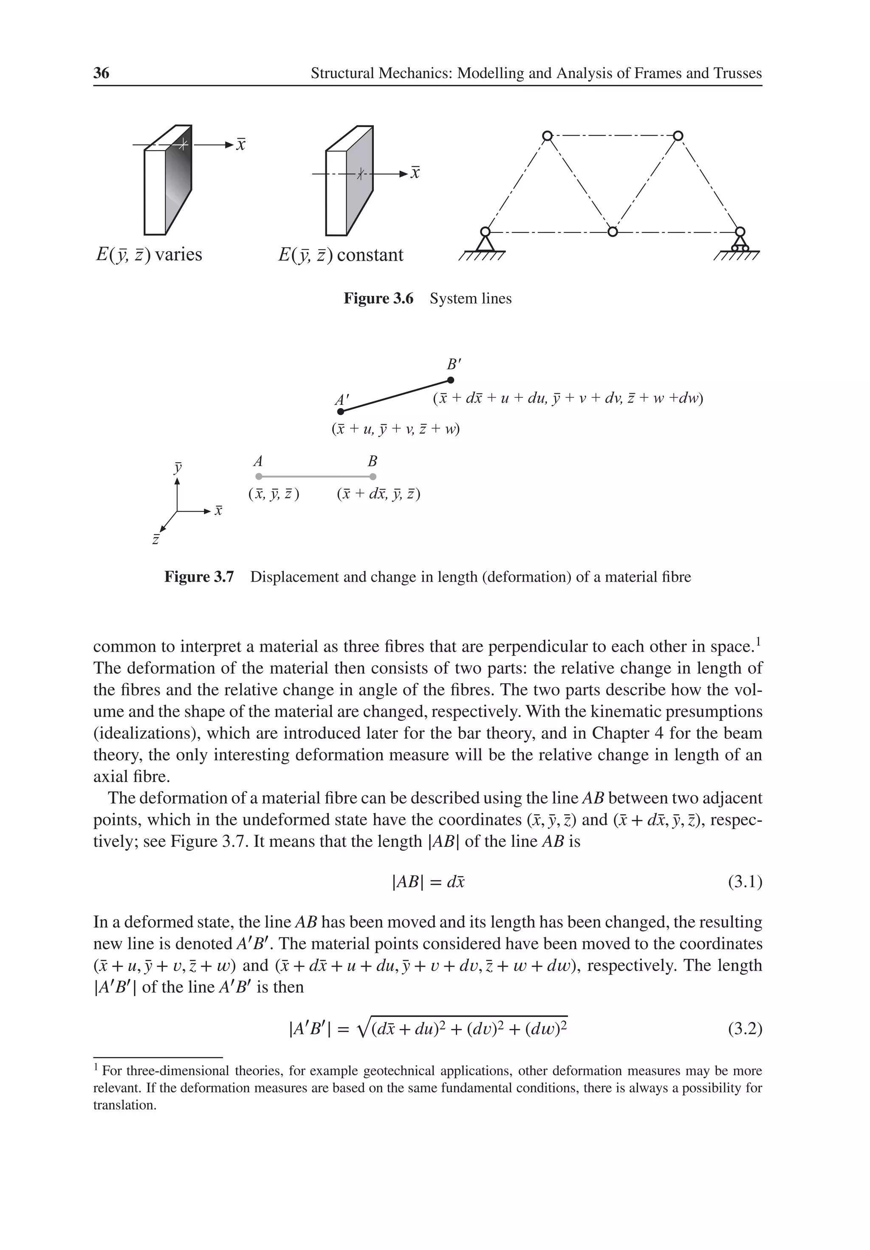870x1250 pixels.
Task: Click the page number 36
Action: (101, 73)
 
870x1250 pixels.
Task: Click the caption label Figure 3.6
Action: (378, 298)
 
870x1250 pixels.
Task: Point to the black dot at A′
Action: (341, 412)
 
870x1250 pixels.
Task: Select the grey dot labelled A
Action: (258, 476)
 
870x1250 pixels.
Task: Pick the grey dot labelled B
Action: (373, 476)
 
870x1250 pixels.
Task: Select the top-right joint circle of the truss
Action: (678, 136)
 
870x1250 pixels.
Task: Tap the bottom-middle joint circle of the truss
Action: (613, 232)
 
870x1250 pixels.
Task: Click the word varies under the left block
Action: (178, 255)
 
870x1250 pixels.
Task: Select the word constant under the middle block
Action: (370, 255)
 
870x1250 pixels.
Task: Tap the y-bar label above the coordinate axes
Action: (178, 467)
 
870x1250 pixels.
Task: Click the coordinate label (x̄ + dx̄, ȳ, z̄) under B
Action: (379, 494)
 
